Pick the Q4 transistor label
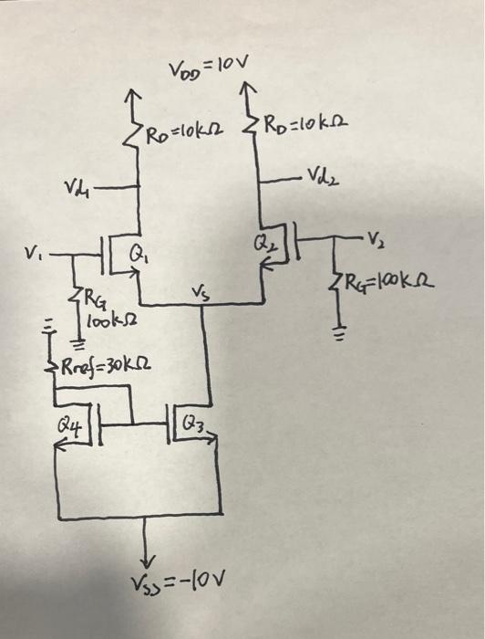(x=70, y=424)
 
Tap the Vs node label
(x=200, y=294)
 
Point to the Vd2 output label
(x=323, y=175)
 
